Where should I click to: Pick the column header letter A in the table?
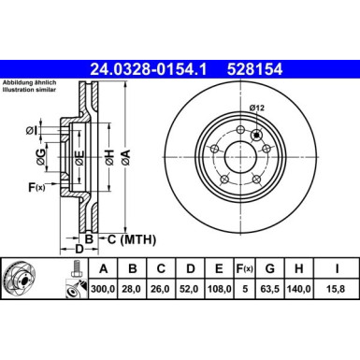(101, 268)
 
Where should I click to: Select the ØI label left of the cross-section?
(32, 129)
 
